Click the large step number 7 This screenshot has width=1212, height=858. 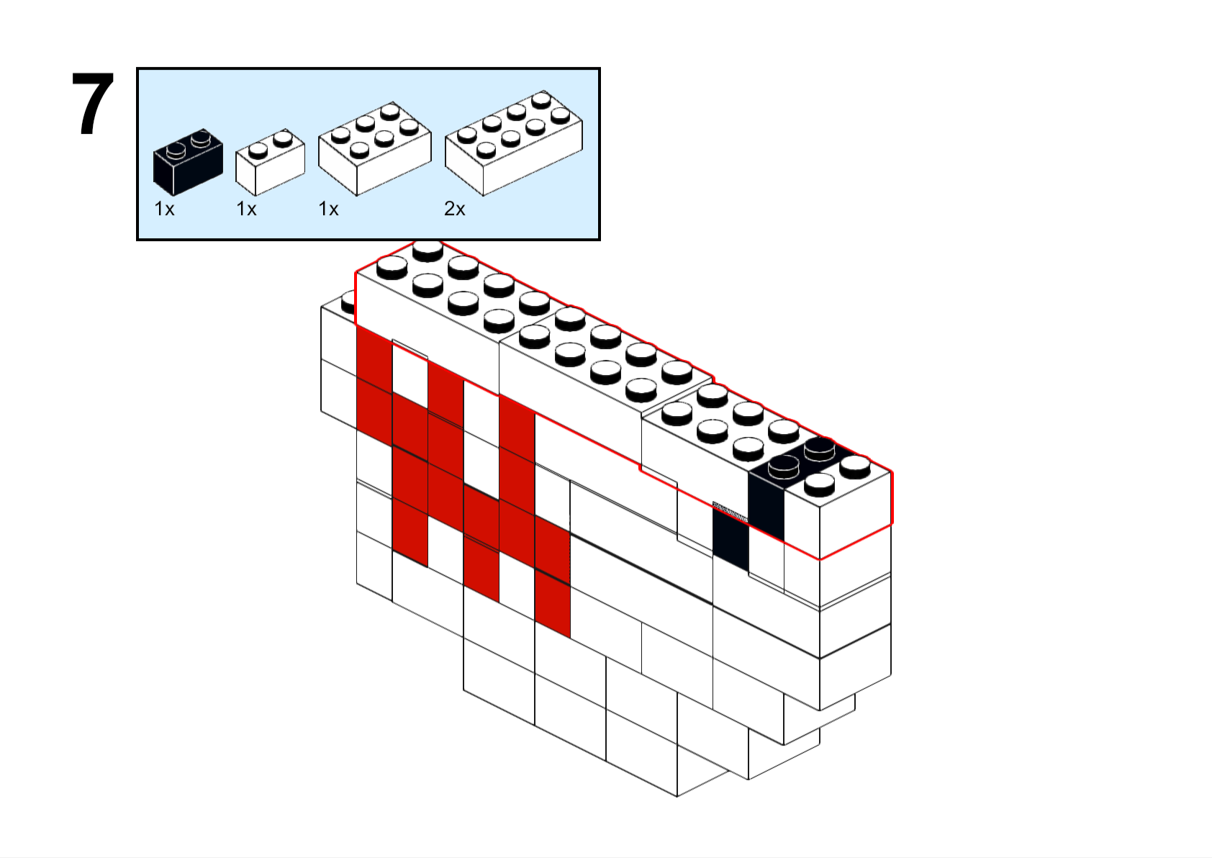pyautogui.click(x=93, y=104)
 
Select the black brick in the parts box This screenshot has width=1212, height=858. pyautogui.click(x=188, y=161)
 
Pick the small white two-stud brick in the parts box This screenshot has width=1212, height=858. pyautogui.click(x=270, y=162)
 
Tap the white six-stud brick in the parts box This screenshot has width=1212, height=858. pyautogui.click(x=375, y=148)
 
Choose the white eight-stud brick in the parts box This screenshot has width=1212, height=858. pyautogui.click(x=514, y=143)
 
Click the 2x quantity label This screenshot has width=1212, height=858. pyautogui.click(x=455, y=209)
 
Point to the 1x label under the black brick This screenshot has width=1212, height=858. pyautogui.click(x=165, y=209)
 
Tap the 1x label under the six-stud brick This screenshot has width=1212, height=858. pyautogui.click(x=328, y=209)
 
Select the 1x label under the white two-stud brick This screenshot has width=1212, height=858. pyautogui.click(x=246, y=209)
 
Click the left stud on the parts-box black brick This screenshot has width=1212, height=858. pyautogui.click(x=175, y=150)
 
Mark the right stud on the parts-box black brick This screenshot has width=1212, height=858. pyautogui.click(x=200, y=137)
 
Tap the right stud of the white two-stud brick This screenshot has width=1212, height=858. pyautogui.click(x=282, y=138)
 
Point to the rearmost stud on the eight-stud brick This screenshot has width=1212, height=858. pyautogui.click(x=541, y=100)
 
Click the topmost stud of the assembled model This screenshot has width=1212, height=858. pyautogui.click(x=428, y=250)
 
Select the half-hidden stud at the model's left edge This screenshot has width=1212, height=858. pyautogui.click(x=348, y=304)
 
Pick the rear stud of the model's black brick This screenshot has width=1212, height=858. pyautogui.click(x=819, y=449)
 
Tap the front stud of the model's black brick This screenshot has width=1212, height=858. pyautogui.click(x=784, y=467)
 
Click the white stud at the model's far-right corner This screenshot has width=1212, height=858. pyautogui.click(x=855, y=467)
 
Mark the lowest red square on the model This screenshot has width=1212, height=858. pyautogui.click(x=553, y=604)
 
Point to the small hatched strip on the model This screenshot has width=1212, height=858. pyautogui.click(x=730, y=511)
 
